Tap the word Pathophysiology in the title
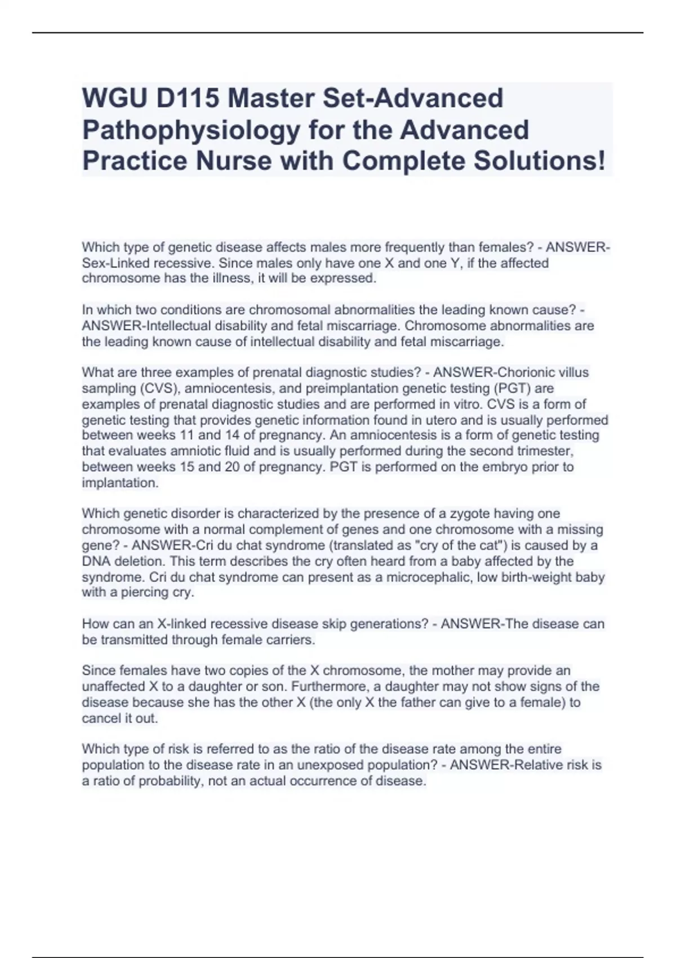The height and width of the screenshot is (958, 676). (191, 130)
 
